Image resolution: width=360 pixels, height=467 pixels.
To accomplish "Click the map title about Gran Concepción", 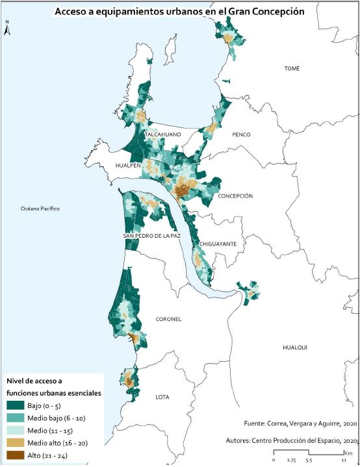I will (179, 12).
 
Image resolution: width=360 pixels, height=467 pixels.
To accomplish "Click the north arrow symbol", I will (6, 29).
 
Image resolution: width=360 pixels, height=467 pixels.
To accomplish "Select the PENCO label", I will (240, 134).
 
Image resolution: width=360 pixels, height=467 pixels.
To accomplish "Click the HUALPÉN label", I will (129, 166).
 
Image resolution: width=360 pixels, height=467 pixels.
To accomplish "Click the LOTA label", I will (162, 396).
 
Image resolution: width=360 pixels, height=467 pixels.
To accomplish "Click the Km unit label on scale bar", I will (349, 452).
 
